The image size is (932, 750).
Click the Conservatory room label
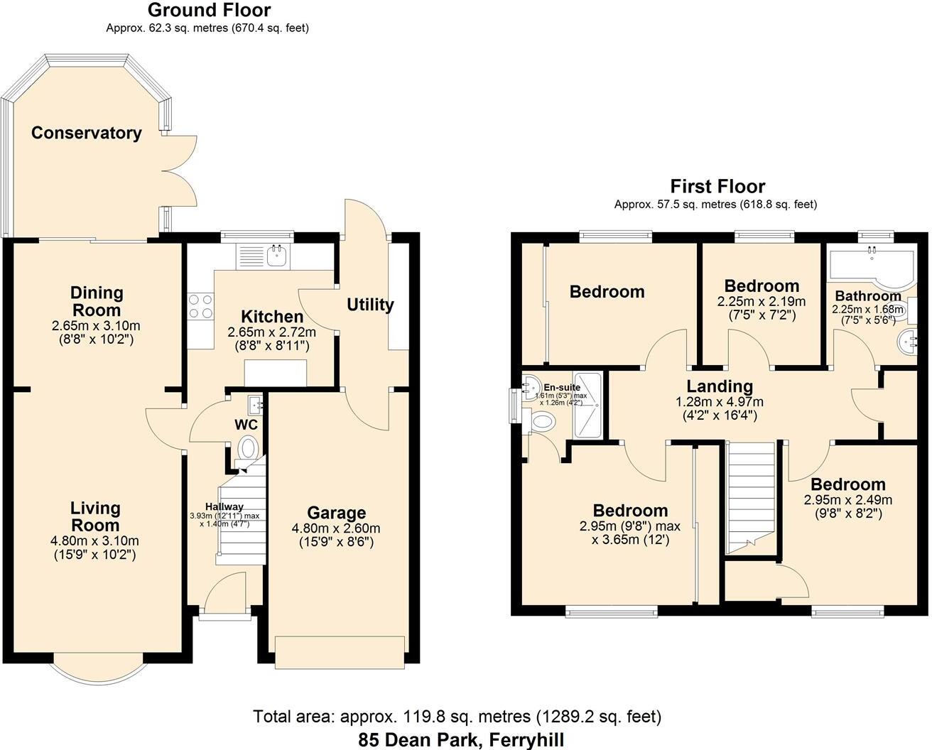[x=86, y=133]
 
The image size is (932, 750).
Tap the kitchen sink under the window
[x=276, y=256]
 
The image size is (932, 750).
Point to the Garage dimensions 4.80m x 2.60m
[x=335, y=528]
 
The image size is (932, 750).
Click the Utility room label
[x=369, y=305]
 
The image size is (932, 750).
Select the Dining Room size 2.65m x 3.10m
[x=96, y=327]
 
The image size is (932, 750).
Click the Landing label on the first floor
[x=719, y=386]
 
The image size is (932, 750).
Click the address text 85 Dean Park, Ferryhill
[x=461, y=739]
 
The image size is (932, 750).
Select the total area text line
[x=457, y=716]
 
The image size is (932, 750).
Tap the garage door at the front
[x=340, y=652]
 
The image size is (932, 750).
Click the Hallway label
[x=224, y=506]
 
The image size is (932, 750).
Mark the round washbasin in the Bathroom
[x=907, y=341]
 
